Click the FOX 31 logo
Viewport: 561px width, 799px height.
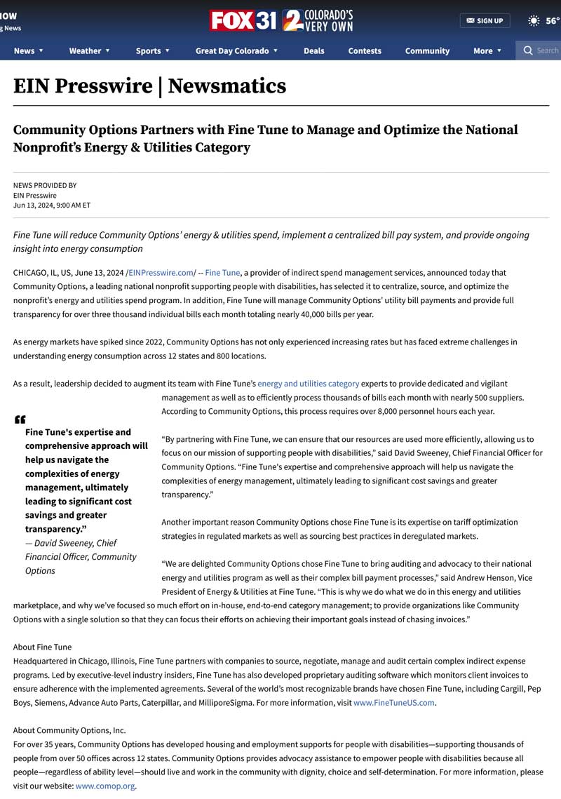pos(243,20)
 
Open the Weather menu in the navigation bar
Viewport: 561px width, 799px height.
pos(89,51)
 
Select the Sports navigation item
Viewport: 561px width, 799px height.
pos(152,51)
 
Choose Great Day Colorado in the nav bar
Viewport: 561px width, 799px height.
pos(236,51)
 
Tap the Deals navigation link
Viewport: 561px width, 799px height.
pos(313,51)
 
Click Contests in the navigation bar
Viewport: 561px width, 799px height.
pos(365,51)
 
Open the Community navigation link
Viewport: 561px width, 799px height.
pos(427,51)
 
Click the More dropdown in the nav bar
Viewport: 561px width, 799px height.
pos(487,51)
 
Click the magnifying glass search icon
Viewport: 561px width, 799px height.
pos(528,51)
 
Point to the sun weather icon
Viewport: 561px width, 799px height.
pos(534,20)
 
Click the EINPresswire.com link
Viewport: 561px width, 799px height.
pos(161,272)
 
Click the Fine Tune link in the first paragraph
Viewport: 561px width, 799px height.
pos(222,272)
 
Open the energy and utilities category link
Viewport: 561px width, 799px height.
pos(308,384)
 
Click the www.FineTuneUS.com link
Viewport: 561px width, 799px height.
pos(393,702)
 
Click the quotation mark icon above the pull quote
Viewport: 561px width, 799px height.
pos(20,419)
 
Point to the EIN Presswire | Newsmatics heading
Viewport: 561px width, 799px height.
pos(149,86)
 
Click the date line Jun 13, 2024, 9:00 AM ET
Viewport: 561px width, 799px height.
pos(52,206)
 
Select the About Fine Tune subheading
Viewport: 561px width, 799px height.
pos(42,647)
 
